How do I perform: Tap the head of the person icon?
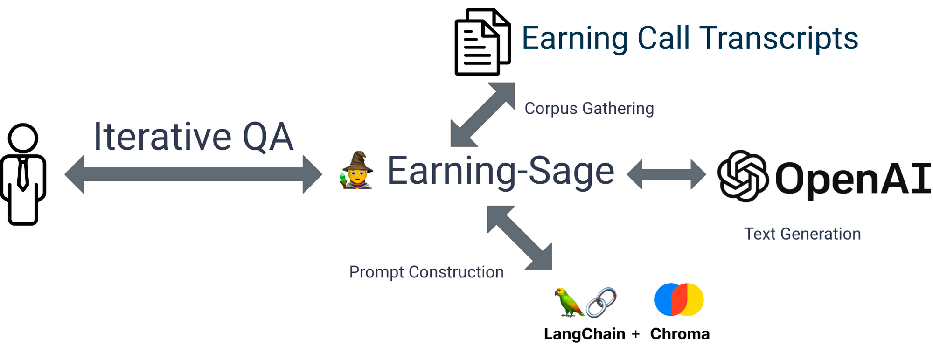23,138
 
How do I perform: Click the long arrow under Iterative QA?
193,174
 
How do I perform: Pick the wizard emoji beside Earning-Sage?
357,170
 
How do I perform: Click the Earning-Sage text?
501,172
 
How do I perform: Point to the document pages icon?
482,42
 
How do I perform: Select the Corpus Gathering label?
589,108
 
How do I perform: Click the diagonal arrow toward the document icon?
483,115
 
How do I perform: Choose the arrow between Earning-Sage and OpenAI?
666,174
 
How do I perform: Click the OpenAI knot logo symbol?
743,176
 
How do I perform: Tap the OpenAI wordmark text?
853,178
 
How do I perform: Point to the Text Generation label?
802,234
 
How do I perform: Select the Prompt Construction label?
426,272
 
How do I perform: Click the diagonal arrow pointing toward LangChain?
520,238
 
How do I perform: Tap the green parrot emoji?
568,302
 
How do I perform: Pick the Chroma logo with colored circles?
679,299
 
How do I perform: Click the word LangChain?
585,334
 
